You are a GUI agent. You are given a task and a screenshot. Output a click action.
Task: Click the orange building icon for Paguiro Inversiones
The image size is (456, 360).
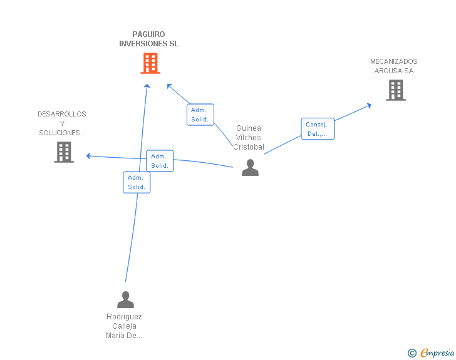click(150, 63)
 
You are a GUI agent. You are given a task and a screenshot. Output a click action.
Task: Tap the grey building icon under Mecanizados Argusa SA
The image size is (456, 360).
click(396, 90)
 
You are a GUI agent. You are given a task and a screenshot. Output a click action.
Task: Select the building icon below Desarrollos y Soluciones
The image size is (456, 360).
click(64, 152)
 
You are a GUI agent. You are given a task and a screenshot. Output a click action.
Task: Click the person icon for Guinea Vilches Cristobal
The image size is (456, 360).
click(250, 168)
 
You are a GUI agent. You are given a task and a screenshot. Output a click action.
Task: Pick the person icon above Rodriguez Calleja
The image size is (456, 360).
click(126, 299)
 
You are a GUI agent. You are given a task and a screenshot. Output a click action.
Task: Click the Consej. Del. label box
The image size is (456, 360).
click(318, 129)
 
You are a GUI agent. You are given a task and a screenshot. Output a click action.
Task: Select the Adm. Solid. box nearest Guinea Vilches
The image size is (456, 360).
click(200, 115)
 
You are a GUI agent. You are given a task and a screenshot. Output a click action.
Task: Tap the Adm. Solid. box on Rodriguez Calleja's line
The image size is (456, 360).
click(137, 182)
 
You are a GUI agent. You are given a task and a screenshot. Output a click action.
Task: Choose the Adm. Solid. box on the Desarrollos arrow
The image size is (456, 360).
click(160, 161)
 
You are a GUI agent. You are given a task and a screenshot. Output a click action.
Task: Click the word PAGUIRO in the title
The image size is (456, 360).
click(148, 34)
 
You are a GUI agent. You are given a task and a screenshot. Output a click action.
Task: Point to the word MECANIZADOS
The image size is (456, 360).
click(394, 61)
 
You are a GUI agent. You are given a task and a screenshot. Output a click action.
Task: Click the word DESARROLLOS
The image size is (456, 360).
click(62, 114)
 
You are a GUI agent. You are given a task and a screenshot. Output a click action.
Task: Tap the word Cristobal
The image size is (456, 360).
click(249, 147)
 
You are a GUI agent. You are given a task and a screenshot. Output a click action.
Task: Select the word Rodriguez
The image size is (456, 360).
click(124, 316)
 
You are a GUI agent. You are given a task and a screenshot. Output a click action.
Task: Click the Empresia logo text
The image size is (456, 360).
click(437, 352)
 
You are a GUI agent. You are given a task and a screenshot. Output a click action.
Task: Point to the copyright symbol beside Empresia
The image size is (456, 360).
click(412, 353)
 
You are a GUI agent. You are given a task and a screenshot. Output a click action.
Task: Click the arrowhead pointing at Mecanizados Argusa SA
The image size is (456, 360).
click(369, 105)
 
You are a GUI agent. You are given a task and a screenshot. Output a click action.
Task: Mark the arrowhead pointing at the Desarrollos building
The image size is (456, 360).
click(88, 156)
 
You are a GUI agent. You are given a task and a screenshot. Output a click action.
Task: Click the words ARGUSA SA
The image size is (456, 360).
click(394, 71)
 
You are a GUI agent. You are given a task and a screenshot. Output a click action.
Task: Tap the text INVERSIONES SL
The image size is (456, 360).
click(148, 44)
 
